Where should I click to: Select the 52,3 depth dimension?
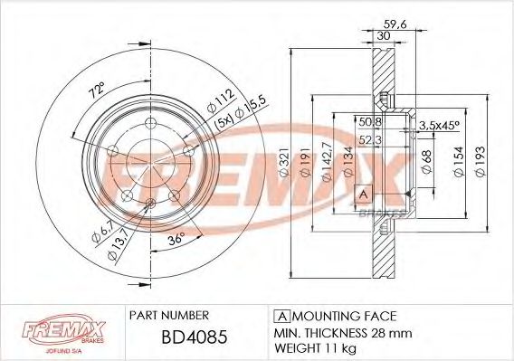pyautogui.click(x=370, y=140)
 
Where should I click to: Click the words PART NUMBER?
pyautogui.click(x=169, y=315)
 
